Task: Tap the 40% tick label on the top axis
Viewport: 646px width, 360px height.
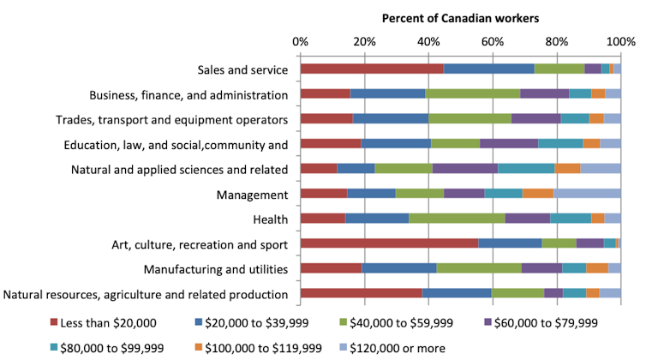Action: [428, 41]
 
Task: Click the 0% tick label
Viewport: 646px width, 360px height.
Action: [301, 41]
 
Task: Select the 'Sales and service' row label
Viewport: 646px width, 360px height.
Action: [242, 70]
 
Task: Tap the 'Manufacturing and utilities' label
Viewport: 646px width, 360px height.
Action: [216, 270]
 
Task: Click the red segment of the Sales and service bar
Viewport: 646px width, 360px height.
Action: [371, 69]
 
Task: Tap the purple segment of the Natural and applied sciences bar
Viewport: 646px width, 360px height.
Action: [464, 169]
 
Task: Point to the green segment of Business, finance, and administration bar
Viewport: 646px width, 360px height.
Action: [472, 93]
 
